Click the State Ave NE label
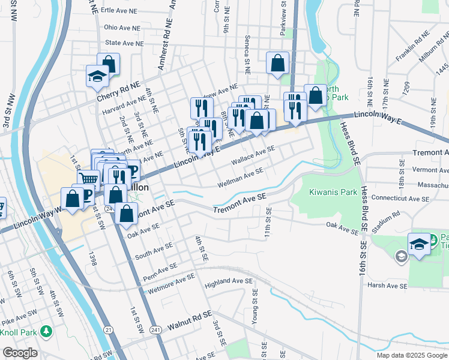tap(124, 43)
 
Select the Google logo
tap(20, 353)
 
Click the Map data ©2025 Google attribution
tap(411, 355)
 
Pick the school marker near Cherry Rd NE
tap(97, 76)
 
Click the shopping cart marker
tap(89, 178)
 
